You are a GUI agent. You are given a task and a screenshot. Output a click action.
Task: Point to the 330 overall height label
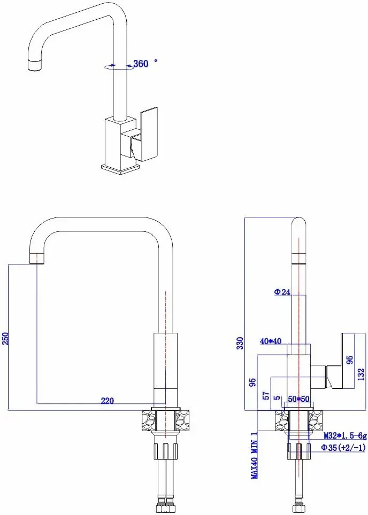(x=240, y=342)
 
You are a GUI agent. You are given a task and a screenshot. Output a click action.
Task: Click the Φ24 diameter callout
(x=281, y=292)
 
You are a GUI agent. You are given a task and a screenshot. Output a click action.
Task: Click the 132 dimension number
(x=362, y=372)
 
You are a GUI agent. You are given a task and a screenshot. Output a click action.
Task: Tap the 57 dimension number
(x=266, y=395)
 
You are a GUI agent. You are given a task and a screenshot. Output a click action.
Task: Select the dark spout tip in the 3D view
(x=33, y=66)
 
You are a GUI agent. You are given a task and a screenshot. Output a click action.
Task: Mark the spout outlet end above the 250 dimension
(x=37, y=259)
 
